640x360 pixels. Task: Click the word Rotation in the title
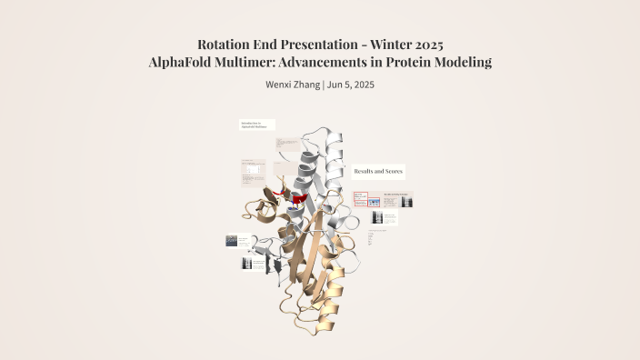point(225,44)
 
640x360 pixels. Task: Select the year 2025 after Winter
point(425,44)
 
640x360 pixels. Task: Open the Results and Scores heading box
point(379,171)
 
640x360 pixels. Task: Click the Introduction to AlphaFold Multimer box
point(256,125)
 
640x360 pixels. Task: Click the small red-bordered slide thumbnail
point(359,199)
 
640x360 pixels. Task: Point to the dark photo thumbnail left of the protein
point(231,241)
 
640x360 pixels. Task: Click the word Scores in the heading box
point(393,171)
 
